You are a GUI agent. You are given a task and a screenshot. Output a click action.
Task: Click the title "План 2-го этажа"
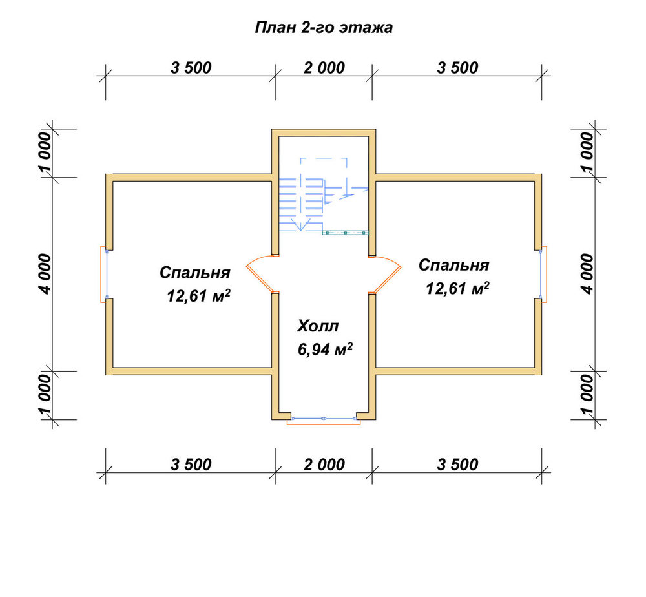click(x=324, y=28)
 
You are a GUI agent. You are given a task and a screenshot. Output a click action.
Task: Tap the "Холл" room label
click(x=318, y=326)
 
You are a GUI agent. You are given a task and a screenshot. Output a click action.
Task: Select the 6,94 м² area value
click(x=325, y=349)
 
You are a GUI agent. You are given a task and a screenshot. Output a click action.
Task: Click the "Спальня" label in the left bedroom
click(x=195, y=273)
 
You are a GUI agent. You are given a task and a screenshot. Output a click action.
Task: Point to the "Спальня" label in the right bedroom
click(x=453, y=265)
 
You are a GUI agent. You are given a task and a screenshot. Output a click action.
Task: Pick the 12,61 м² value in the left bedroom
click(x=198, y=295)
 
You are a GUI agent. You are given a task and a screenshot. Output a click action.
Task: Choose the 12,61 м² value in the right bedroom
click(x=457, y=288)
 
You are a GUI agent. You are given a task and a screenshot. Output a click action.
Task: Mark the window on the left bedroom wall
click(x=105, y=275)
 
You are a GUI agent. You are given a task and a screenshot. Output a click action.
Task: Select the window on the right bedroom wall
click(x=543, y=275)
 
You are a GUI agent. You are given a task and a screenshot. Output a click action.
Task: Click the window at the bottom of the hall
click(x=324, y=420)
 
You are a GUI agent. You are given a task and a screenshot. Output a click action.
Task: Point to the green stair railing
click(x=345, y=233)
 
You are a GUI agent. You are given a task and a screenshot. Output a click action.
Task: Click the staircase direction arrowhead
click(x=301, y=225)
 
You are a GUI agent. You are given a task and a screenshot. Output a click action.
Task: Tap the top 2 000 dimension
click(x=324, y=68)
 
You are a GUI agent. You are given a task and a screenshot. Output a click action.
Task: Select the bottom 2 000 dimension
click(x=324, y=465)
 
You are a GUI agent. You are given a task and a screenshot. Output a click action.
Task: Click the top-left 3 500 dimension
click(x=191, y=68)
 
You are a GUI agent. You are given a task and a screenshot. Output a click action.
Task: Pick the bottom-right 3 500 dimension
click(x=458, y=465)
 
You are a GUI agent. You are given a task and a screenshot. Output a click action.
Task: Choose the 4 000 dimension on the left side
click(x=45, y=274)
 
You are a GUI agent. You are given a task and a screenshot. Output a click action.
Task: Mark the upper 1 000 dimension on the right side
click(x=587, y=152)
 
